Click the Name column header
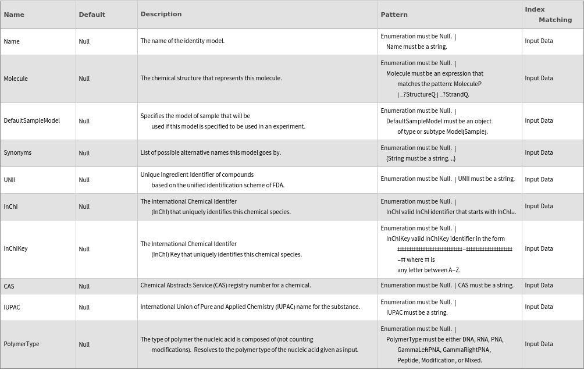tap(14, 15)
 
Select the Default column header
tap(92, 15)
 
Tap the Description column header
tap(161, 14)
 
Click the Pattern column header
tap(394, 15)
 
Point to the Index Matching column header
tap(549, 15)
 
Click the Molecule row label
tap(16, 79)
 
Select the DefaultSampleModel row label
tap(32, 120)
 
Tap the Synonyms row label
tap(17, 152)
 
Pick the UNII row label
tap(9, 180)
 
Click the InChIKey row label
tap(16, 248)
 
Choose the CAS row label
tap(9, 286)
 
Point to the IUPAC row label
tap(12, 307)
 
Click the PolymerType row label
tap(22, 344)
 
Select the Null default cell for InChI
tap(84, 207)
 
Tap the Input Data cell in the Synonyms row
tap(539, 152)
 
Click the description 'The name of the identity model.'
tap(182, 41)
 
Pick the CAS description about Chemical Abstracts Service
tap(226, 285)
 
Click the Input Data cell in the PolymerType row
tap(539, 344)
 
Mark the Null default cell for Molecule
tap(84, 79)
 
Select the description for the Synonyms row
tap(211, 152)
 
